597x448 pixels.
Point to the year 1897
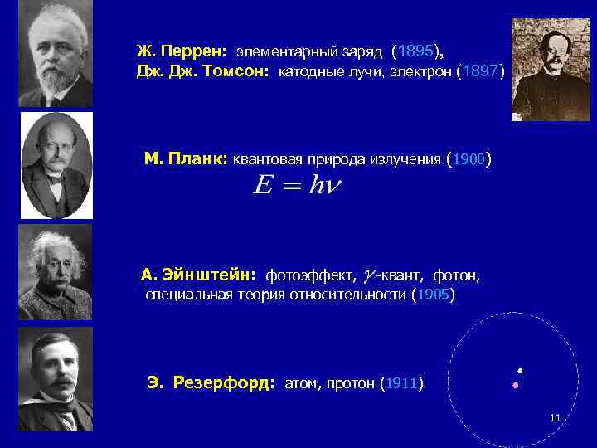coord(480,71)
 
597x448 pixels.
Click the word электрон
coord(420,72)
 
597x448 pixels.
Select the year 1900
coord(468,158)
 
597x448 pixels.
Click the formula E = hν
coord(296,186)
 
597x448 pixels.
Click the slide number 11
coord(556,417)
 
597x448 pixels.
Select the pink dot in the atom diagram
coord(515,386)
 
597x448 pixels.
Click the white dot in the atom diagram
coord(520,370)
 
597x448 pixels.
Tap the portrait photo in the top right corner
coord(551,70)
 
